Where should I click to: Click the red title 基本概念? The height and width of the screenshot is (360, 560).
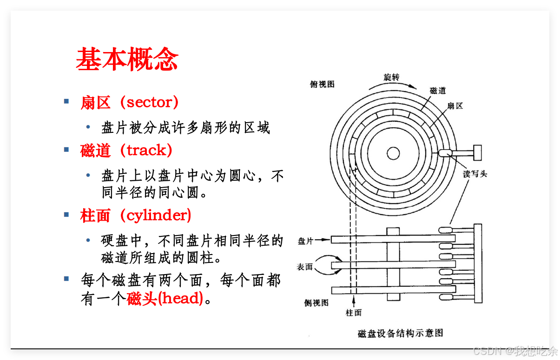127,59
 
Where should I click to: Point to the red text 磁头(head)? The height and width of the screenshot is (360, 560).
165,298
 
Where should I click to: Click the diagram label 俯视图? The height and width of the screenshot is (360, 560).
322,84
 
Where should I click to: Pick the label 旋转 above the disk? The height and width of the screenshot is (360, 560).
391,77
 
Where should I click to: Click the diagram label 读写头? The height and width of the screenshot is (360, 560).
475,174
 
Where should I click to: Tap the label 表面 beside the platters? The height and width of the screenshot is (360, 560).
305,267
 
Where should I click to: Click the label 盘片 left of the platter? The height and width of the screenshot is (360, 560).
305,240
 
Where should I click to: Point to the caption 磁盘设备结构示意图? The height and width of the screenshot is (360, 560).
400,333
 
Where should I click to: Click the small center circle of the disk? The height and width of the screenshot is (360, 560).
393,153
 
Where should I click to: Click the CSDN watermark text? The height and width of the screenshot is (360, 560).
514,350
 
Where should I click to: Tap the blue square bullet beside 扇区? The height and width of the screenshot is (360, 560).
66,101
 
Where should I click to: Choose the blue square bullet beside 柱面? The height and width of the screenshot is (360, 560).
66,214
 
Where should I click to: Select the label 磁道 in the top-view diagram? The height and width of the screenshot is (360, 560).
438,91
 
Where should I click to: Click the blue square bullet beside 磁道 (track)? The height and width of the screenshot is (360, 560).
66,149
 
